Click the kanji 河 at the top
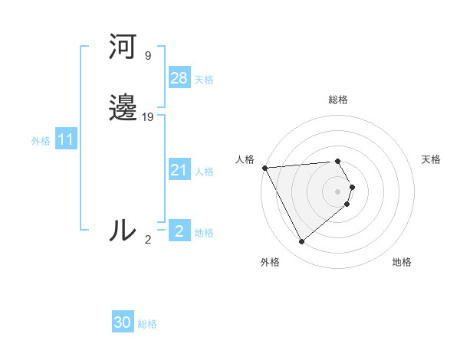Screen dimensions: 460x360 point(123,48)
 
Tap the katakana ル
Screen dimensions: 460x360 point(123,231)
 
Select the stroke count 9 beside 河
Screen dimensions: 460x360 point(147,56)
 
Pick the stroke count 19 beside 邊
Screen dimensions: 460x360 point(148,116)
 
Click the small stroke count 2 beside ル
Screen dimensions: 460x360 point(148,240)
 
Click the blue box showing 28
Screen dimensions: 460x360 point(179,78)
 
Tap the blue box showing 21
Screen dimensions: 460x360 point(179,170)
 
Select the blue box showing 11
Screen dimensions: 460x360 point(65,139)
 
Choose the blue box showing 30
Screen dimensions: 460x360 point(123,322)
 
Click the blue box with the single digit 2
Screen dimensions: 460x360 point(179,231)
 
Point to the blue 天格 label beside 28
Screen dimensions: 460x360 point(204,80)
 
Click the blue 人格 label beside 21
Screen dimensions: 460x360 point(204,172)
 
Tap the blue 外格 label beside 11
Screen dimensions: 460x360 point(41,141)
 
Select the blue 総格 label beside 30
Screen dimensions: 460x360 point(147,324)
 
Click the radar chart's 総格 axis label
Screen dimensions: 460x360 point(338,100)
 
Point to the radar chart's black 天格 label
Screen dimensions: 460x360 point(431,159)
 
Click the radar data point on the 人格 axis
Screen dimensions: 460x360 point(264,168)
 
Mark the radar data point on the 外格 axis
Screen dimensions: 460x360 point(301,242)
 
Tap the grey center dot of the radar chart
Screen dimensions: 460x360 point(338,191)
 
